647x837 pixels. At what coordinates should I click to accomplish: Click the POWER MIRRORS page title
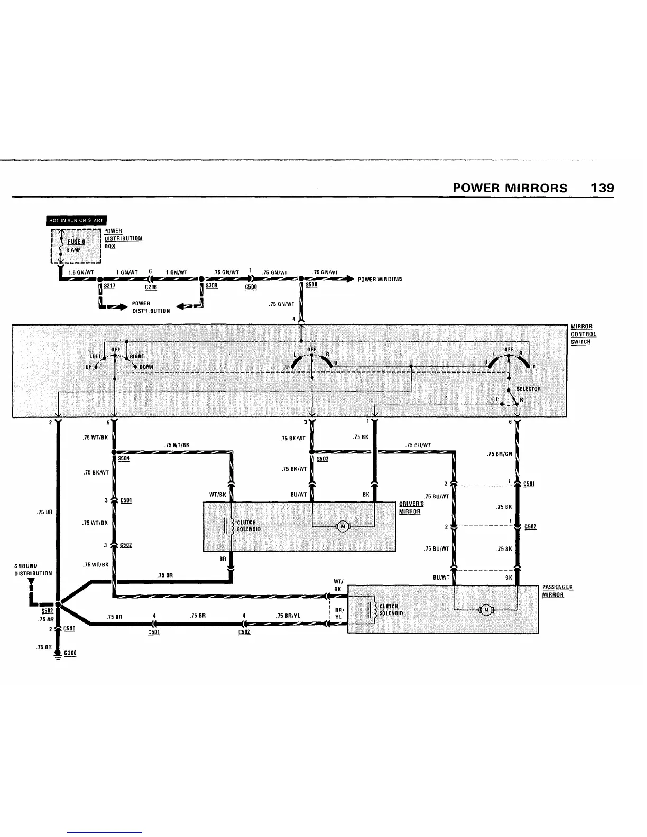click(x=510, y=188)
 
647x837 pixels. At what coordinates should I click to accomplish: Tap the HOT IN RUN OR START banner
click(x=77, y=220)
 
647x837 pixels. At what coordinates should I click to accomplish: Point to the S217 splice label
click(x=110, y=285)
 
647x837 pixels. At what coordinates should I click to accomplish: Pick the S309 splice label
click(x=211, y=285)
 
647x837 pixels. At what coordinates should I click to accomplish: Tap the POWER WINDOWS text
click(x=380, y=279)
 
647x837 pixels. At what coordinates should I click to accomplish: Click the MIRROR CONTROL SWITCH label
click(x=584, y=334)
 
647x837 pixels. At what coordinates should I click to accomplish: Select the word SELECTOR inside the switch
click(x=528, y=389)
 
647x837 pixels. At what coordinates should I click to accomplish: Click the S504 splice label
click(x=124, y=459)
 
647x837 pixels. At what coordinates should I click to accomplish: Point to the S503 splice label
click(x=322, y=459)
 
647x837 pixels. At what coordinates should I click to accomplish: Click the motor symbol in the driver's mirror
click(x=343, y=526)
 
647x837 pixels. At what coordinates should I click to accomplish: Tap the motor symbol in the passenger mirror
click(x=485, y=611)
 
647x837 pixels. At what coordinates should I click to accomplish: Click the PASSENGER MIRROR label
click(x=558, y=591)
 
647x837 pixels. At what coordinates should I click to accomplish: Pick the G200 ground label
click(x=70, y=653)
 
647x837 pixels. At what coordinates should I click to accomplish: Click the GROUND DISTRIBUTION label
click(x=33, y=570)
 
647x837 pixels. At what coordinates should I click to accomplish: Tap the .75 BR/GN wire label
click(x=499, y=454)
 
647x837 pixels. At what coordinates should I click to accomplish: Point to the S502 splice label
click(x=48, y=612)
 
